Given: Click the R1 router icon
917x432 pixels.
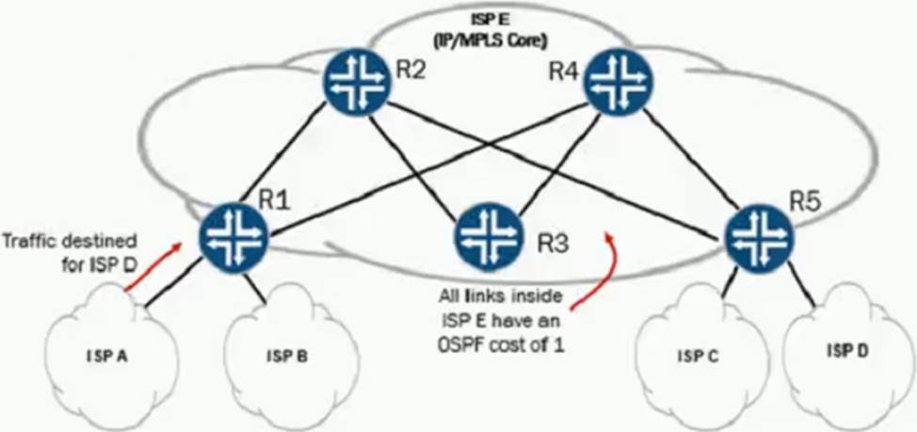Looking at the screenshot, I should point(233,230).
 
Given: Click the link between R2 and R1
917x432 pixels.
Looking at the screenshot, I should point(295,153).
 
